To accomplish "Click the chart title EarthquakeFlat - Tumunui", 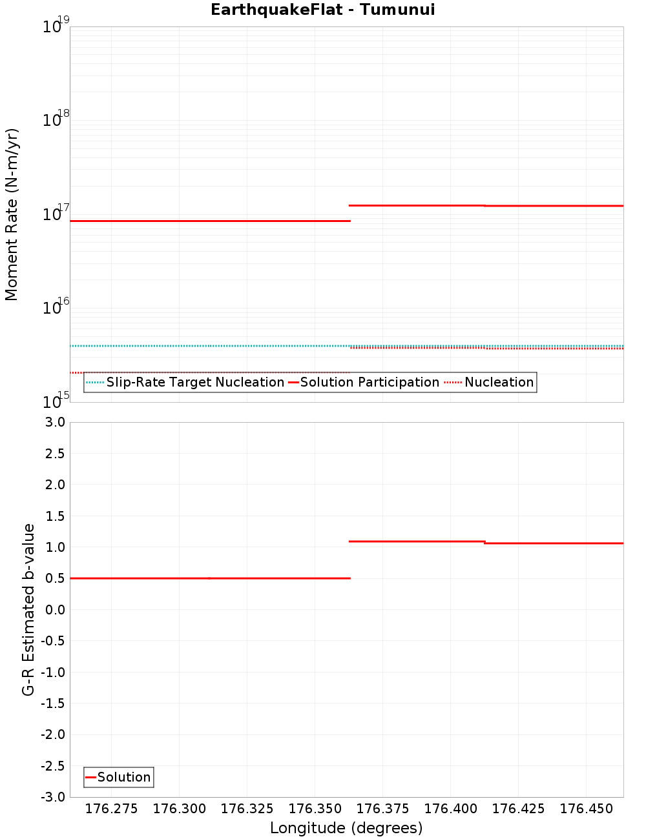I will click(x=322, y=10).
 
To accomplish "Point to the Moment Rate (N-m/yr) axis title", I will click(x=12, y=214).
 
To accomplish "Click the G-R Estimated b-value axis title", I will click(x=28, y=609).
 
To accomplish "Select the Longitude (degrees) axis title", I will click(x=346, y=828).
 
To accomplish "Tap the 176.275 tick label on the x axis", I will click(x=111, y=809).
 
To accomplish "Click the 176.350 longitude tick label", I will click(x=315, y=809).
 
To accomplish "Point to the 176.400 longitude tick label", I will click(x=450, y=809).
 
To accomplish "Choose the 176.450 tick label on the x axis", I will click(x=586, y=809).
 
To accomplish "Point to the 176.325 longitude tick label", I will click(x=247, y=809).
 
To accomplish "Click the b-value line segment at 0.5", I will click(x=210, y=578).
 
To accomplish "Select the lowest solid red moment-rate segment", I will click(x=210, y=221).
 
